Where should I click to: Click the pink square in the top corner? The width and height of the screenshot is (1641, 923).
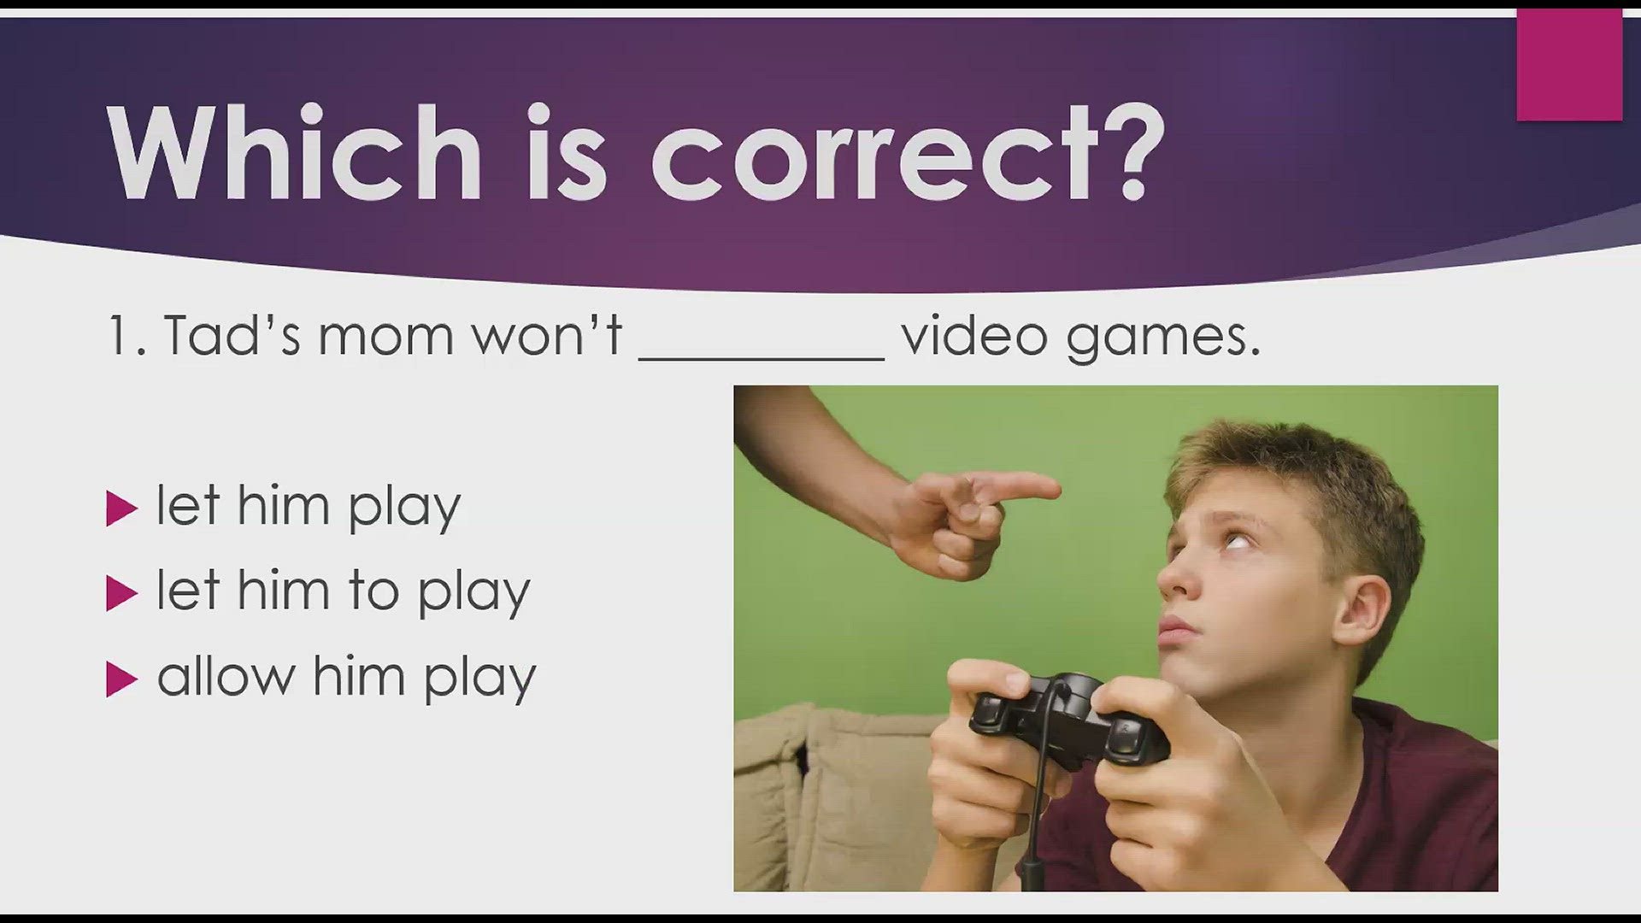(1569, 65)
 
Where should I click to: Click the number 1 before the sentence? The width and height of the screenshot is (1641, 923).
(118, 335)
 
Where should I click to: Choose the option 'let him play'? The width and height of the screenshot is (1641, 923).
(309, 508)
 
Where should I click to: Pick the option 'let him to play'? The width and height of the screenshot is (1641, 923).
(344, 592)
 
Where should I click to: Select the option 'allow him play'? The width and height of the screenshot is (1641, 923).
(346, 679)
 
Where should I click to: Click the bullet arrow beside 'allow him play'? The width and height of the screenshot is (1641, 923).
(121, 680)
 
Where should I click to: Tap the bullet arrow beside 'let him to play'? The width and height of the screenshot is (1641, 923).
(121, 594)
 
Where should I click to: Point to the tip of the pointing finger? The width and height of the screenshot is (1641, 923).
(1058, 489)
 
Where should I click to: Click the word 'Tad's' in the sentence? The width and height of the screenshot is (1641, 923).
(232, 334)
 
